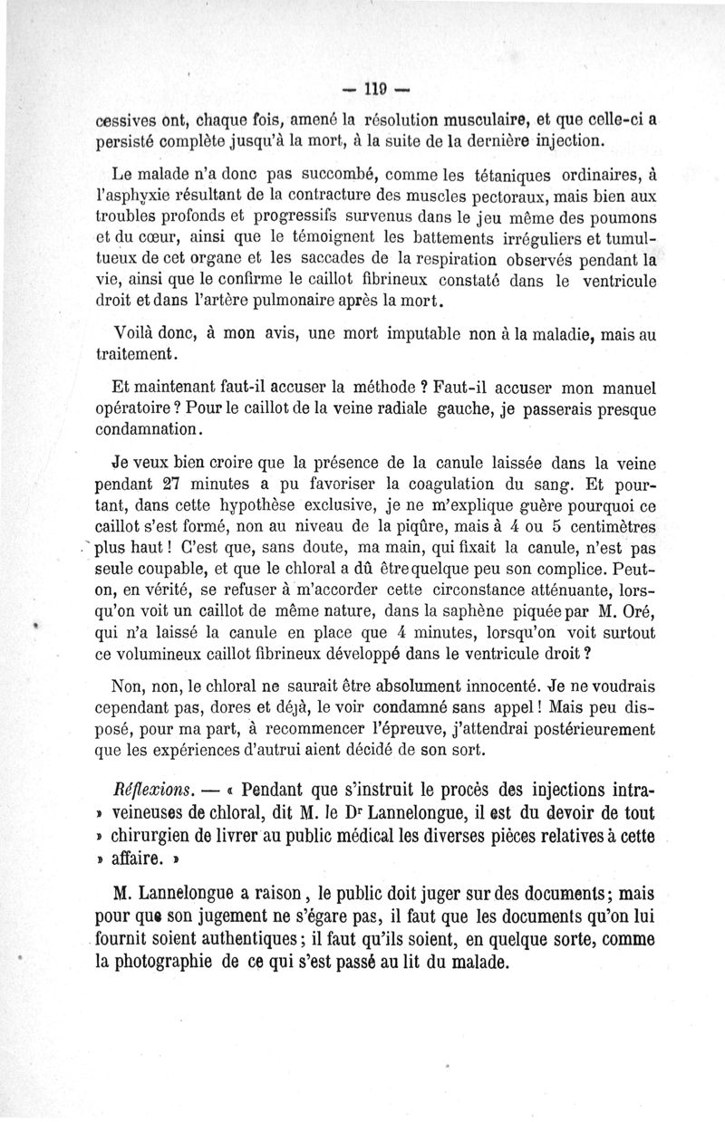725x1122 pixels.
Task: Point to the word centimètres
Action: tap(606, 527)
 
